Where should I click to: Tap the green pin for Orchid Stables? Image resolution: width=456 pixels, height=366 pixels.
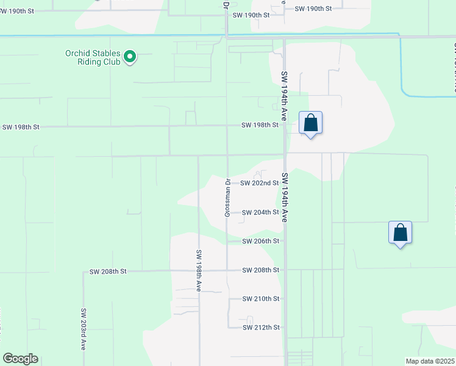coord(130,57)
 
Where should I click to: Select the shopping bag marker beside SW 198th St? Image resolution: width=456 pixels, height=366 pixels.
coord(310,123)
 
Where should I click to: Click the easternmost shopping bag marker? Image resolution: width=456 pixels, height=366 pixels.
coord(400,233)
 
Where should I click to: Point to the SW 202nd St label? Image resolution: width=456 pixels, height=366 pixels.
coord(259,183)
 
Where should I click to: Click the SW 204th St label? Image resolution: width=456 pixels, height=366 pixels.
coord(260,212)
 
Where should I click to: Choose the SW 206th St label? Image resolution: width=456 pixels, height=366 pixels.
coord(260,241)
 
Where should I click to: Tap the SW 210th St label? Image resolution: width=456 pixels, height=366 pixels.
coord(260,299)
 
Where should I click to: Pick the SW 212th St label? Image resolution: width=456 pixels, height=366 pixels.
coord(260,328)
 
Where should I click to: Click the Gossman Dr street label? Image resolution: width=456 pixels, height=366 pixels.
coord(227,198)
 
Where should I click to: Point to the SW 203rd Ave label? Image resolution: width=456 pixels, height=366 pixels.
coord(84,328)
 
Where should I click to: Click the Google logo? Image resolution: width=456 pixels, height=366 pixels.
coord(20,359)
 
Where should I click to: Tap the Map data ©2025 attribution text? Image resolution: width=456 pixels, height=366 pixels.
coord(429,361)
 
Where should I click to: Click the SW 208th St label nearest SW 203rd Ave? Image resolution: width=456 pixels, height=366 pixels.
coord(107,271)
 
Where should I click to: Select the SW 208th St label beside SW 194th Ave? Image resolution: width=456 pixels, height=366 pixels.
coord(260,270)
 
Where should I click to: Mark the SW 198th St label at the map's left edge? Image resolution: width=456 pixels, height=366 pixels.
coord(21,127)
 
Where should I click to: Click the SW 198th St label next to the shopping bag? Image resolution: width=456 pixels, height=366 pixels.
coord(260,125)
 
